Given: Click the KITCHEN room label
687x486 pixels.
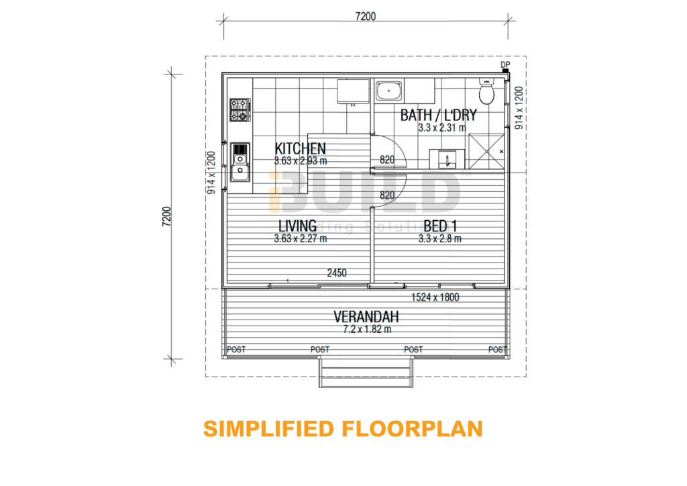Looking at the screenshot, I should click(x=301, y=148).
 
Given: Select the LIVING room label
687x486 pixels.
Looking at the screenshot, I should click(x=297, y=226).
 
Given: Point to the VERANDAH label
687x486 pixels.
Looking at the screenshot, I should click(x=366, y=316).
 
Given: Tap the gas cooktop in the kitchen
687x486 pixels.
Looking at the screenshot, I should click(x=240, y=110).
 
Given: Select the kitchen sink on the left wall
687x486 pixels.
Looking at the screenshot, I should click(x=239, y=162).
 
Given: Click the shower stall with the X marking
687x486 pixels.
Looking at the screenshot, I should click(x=487, y=152).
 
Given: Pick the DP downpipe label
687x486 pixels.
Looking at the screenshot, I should click(x=505, y=64).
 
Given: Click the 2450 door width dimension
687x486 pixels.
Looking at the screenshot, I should click(x=337, y=273).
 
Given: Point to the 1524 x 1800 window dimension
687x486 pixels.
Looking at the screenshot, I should click(x=434, y=297).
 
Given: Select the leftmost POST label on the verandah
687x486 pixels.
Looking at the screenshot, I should click(x=235, y=350).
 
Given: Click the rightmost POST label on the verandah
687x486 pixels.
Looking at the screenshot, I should click(x=497, y=350).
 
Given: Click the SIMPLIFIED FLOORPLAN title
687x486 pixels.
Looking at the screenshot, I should click(x=343, y=429).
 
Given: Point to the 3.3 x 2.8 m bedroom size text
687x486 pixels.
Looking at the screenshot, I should click(x=441, y=238).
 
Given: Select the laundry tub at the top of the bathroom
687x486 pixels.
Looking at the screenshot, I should click(x=388, y=91).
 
